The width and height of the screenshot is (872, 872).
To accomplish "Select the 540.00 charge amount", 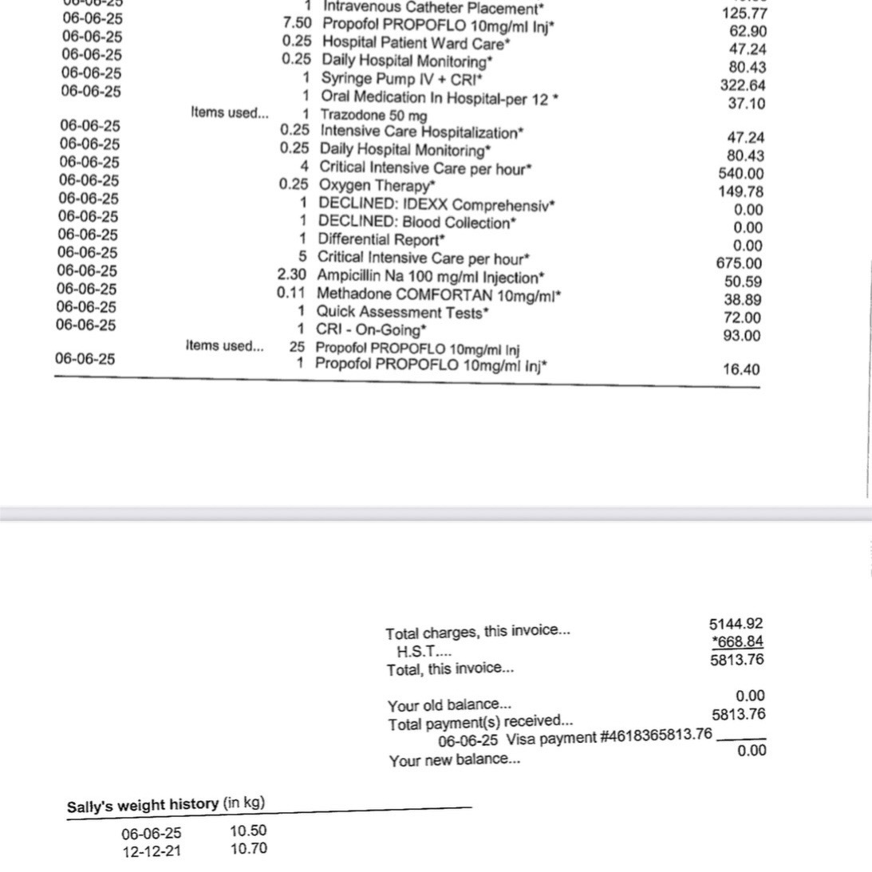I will (741, 174).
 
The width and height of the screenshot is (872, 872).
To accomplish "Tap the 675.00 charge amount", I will (739, 263).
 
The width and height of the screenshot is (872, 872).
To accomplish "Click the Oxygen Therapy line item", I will (377, 185).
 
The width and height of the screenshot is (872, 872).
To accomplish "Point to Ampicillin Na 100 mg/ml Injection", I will (431, 277).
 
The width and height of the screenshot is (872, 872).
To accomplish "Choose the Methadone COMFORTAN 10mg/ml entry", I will (439, 294).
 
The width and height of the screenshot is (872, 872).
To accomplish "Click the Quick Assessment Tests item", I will (402, 312).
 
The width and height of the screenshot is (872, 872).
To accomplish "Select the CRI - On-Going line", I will (371, 329).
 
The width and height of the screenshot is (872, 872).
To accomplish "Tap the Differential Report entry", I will (381, 239).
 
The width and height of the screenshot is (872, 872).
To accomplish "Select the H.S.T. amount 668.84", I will (737, 642).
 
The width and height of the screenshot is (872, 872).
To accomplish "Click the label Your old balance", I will (449, 705).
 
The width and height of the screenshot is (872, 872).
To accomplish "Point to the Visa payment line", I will (574, 736).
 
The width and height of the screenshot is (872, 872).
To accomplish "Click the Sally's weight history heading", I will (166, 804).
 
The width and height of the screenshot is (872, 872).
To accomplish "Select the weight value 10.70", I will (248, 849).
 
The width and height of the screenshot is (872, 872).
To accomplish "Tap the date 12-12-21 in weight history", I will (152, 851).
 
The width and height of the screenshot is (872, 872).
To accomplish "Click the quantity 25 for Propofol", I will (298, 348).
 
